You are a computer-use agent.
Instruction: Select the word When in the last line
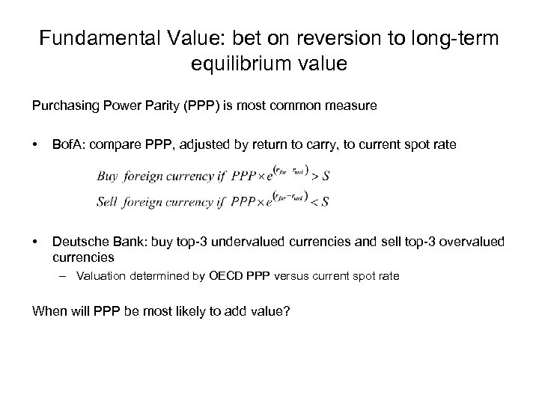(48, 310)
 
